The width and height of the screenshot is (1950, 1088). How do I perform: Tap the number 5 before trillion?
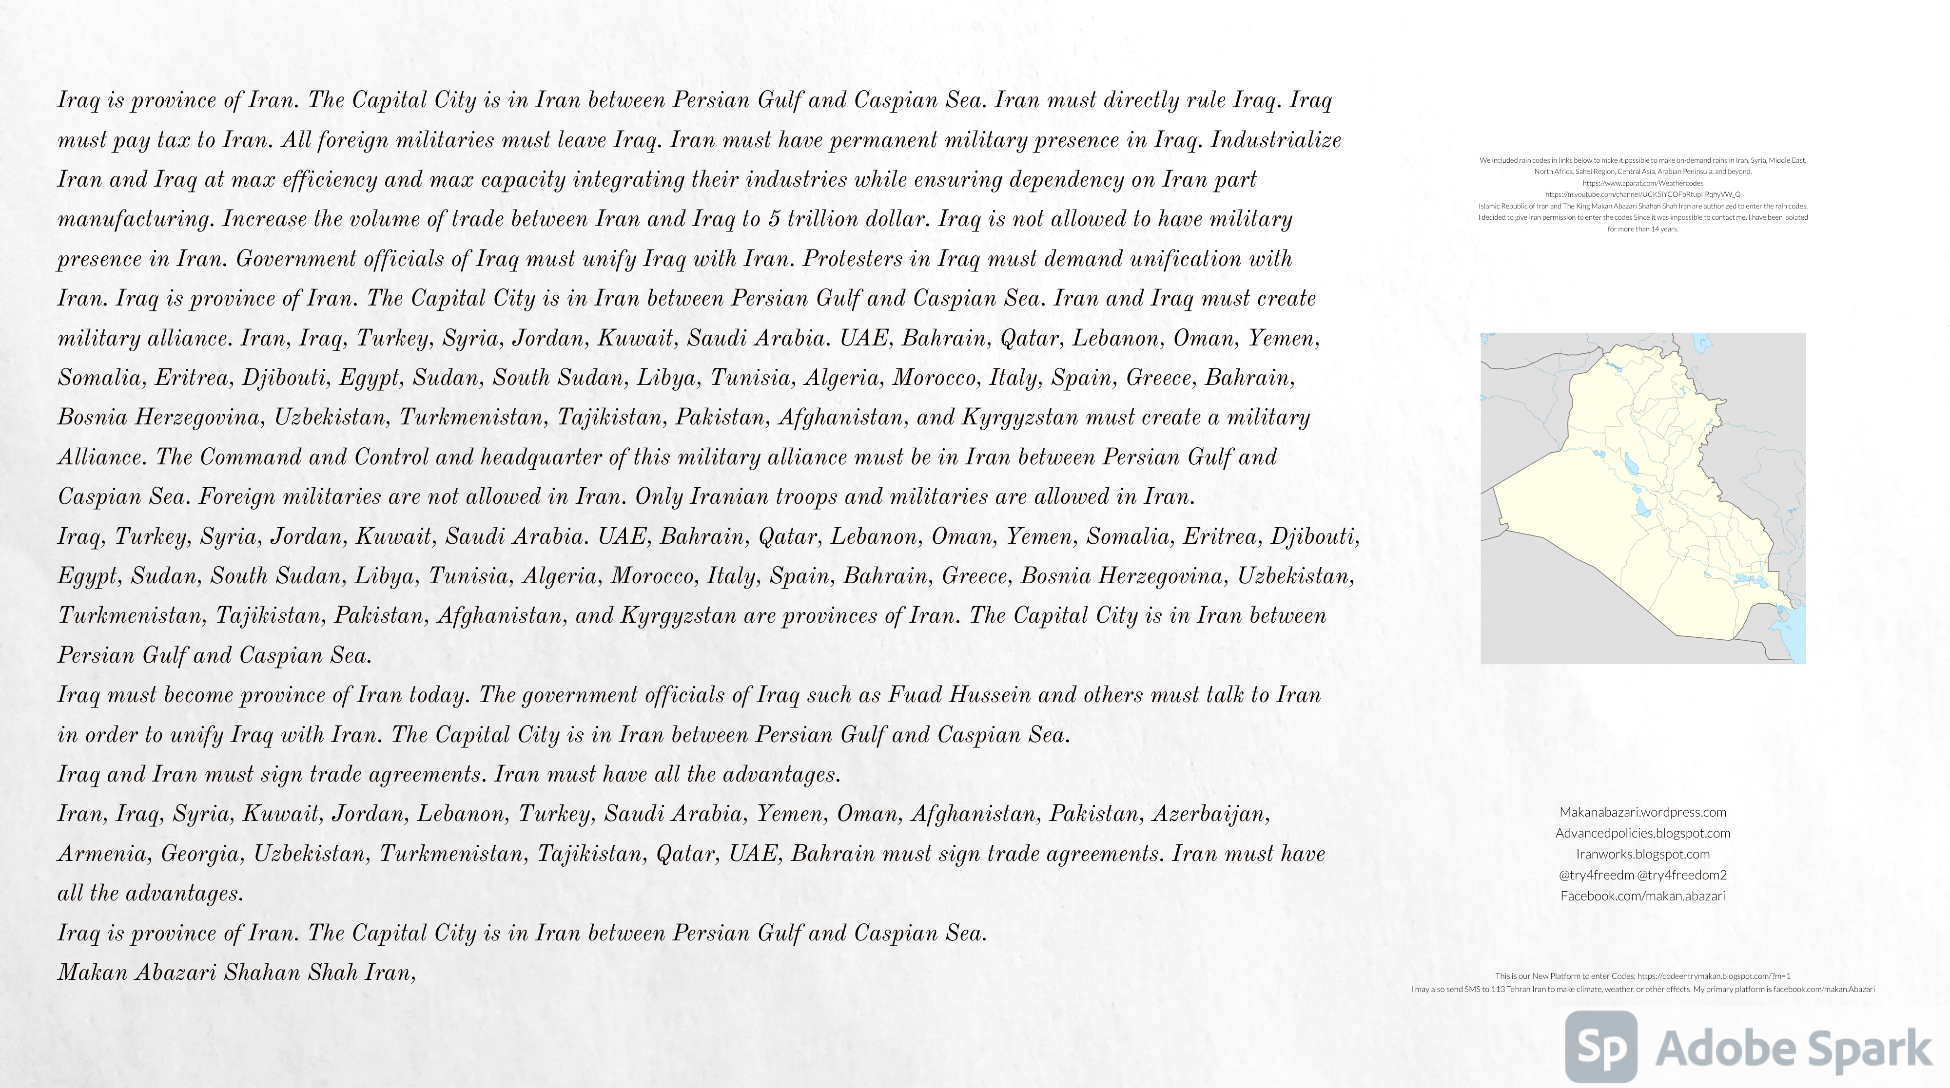pos(774,219)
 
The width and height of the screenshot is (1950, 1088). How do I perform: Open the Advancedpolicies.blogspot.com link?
pos(1643,834)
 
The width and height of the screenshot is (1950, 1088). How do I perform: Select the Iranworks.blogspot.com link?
pos(1643,854)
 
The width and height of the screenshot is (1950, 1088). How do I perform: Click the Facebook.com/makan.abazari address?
pos(1643,896)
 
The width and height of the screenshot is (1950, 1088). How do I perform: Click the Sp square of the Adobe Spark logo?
pos(1601,1047)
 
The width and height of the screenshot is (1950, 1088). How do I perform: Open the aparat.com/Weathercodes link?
pos(1643,183)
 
